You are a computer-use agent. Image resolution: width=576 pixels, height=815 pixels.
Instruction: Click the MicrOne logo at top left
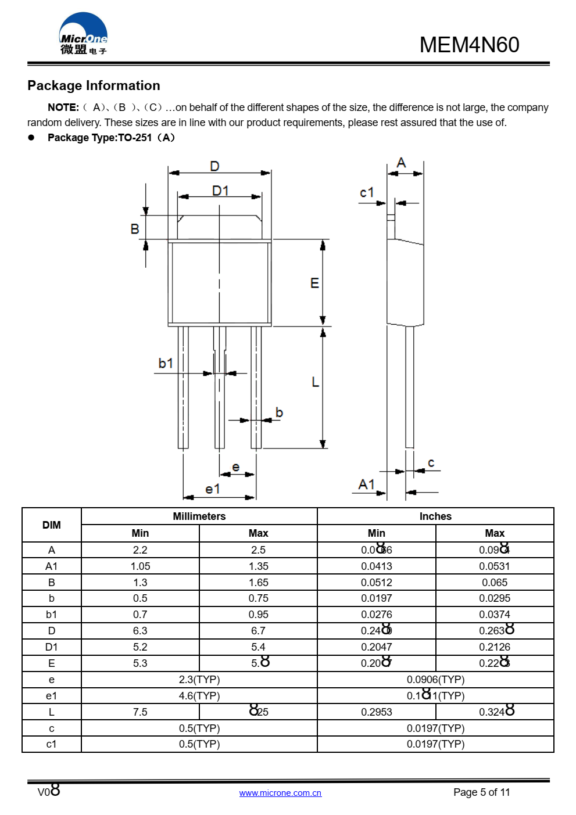click(83, 35)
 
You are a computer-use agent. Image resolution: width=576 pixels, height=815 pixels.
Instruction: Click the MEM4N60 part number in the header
click(469, 45)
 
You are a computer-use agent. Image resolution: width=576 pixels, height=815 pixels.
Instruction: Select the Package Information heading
click(94, 85)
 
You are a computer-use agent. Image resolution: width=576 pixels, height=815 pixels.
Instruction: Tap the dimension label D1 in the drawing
click(220, 191)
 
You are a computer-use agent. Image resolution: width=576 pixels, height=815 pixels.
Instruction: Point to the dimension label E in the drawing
click(314, 283)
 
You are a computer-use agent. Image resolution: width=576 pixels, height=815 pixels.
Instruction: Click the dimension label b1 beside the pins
click(166, 363)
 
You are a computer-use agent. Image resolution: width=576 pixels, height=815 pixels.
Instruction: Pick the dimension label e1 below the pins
click(213, 489)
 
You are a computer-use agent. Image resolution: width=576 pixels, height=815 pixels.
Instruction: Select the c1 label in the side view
click(367, 192)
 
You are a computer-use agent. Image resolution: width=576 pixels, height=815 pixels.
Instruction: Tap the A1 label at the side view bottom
click(367, 484)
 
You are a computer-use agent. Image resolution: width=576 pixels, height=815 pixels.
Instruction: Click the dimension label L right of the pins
click(315, 382)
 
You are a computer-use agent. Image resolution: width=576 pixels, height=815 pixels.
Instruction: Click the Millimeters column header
click(199, 516)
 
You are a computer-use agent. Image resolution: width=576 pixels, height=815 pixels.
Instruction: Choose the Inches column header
click(435, 516)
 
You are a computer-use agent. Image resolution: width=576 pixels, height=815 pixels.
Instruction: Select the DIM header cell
click(52, 525)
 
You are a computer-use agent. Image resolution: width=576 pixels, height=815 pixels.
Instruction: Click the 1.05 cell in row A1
click(140, 566)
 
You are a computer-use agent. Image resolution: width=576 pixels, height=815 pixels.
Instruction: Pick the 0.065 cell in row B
click(495, 582)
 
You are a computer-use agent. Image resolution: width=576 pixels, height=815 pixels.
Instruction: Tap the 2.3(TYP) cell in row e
click(199, 679)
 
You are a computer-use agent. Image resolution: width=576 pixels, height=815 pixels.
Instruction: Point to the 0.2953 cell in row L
click(376, 712)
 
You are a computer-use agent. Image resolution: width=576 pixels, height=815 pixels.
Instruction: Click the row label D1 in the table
click(52, 647)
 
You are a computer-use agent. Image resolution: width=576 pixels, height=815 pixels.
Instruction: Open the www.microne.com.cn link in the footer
click(280, 793)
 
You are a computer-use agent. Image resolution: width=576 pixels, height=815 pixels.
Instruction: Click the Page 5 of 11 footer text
click(481, 792)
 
